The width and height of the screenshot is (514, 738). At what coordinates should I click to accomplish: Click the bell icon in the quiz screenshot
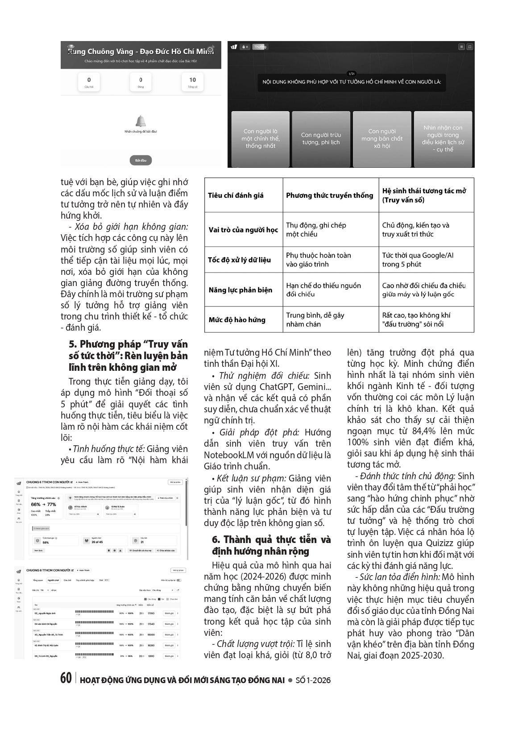point(141,121)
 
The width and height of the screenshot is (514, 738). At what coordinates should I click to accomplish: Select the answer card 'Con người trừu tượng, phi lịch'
point(320,139)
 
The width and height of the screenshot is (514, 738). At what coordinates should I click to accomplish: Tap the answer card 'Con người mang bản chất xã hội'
point(382,139)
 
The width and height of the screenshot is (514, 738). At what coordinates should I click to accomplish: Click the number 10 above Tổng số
point(192,80)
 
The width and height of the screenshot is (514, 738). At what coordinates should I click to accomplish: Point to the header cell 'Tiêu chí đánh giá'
point(236,195)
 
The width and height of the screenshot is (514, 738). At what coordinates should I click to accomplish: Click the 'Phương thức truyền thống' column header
point(329,195)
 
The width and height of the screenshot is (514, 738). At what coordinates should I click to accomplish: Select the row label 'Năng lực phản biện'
point(240,290)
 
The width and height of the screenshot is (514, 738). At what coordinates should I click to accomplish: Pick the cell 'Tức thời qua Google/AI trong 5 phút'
point(417,260)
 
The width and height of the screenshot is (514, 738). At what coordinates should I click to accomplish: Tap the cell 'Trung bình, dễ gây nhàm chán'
point(315,319)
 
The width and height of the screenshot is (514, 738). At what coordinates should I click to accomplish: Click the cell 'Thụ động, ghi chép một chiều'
point(316,229)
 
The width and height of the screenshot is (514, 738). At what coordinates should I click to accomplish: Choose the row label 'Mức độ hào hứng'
point(237,319)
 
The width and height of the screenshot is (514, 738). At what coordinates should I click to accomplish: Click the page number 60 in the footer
point(66,678)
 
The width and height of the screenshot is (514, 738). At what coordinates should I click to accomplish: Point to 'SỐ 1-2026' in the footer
point(313,680)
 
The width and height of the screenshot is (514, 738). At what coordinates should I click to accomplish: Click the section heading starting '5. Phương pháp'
point(128,356)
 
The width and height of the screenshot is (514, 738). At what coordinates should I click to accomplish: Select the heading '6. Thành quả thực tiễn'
point(271,545)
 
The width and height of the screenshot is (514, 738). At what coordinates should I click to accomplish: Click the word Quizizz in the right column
point(444,543)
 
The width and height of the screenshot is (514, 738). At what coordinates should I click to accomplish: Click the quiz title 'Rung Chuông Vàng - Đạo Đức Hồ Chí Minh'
point(141,51)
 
